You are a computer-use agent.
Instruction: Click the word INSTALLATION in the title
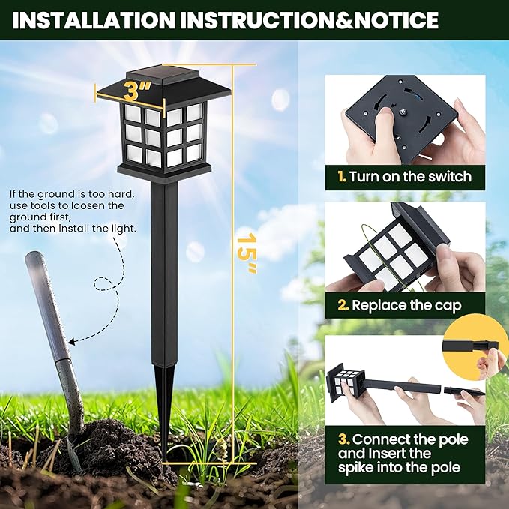tap(87, 19)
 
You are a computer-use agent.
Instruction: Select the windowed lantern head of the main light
tap(163, 135)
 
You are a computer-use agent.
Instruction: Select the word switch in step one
tap(448, 177)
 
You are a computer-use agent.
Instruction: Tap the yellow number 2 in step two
tap(342, 305)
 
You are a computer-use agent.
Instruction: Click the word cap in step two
tap(446, 305)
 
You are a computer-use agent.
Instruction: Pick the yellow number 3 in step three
tap(342, 439)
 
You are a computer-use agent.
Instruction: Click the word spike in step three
tap(358, 469)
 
